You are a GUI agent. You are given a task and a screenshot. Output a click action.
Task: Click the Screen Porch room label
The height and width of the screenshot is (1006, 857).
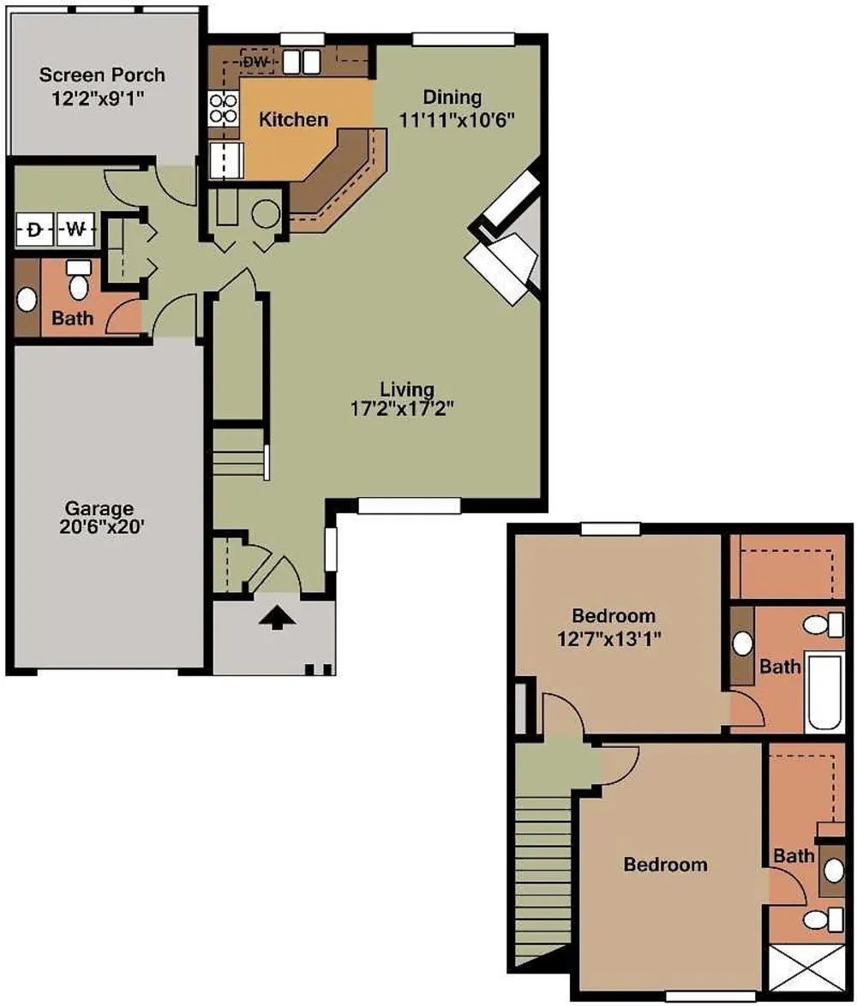click(102, 75)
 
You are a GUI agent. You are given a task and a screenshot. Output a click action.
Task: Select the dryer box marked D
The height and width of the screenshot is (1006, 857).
click(34, 229)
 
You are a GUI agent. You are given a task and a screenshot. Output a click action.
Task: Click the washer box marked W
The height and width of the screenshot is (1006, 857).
click(75, 229)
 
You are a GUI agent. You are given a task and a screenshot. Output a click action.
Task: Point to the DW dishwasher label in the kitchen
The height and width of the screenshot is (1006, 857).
click(256, 63)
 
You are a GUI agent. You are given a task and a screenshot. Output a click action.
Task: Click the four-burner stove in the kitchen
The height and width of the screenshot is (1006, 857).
click(223, 109)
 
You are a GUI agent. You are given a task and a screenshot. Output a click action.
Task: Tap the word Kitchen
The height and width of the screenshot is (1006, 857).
click(293, 119)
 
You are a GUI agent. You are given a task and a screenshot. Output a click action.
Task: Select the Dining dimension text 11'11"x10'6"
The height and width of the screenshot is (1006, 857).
click(458, 120)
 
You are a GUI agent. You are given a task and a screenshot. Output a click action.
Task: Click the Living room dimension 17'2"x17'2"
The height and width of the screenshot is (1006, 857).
click(407, 409)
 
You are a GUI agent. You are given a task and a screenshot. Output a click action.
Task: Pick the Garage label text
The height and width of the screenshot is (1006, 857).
click(99, 508)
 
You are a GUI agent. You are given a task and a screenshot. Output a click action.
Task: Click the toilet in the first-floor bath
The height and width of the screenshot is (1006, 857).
click(78, 280)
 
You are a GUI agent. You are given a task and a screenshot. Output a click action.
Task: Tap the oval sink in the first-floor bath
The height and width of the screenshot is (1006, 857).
click(27, 300)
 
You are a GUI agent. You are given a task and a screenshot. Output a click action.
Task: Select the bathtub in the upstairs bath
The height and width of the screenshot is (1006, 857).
click(824, 693)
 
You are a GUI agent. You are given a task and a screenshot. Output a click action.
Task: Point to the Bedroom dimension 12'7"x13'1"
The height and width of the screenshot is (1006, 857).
click(609, 639)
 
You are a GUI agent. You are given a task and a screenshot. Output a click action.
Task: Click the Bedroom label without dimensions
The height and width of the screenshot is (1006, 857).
click(665, 865)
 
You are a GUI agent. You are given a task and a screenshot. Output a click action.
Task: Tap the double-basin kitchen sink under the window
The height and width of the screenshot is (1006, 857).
click(301, 62)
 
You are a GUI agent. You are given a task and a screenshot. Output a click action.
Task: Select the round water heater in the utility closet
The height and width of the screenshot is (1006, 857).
click(266, 214)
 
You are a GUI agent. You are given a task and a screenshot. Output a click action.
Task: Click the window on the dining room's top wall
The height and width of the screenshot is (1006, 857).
click(463, 39)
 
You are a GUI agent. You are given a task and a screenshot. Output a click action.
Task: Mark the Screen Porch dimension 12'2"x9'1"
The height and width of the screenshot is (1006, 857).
click(99, 99)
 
